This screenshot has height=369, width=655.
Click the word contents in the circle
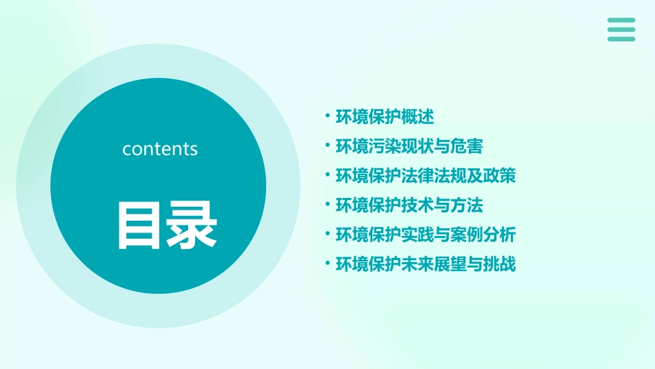click(x=160, y=149)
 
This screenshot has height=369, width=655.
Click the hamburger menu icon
click(x=621, y=30)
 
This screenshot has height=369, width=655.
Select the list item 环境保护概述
click(x=384, y=117)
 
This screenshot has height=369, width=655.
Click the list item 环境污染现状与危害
click(x=409, y=146)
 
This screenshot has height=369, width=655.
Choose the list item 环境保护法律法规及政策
click(x=425, y=176)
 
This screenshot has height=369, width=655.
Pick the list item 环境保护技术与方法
click(x=409, y=205)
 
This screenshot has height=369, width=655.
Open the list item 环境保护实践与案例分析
click(x=425, y=235)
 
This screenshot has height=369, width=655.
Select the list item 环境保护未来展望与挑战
click(x=425, y=264)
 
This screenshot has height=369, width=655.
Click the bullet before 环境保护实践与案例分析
click(x=327, y=233)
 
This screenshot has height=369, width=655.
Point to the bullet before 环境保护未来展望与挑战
click(x=327, y=263)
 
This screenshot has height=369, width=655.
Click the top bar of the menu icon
click(x=621, y=21)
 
